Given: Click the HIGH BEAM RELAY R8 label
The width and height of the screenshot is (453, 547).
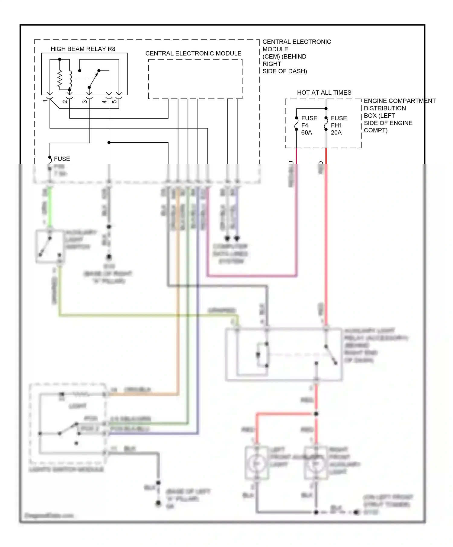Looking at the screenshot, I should (83, 49).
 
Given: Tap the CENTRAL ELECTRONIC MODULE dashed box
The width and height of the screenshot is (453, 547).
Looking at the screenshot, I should (195, 79).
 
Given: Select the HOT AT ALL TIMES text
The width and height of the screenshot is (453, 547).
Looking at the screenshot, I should (324, 93).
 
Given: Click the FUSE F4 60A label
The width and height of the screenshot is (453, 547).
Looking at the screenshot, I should (309, 125).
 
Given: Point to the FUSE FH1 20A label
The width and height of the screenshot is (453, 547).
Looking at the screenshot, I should (339, 125).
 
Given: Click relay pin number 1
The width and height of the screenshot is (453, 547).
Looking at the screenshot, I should (45, 101).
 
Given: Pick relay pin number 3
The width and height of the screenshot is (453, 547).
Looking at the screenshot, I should (85, 101).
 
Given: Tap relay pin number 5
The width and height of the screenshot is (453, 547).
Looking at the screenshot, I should (114, 101).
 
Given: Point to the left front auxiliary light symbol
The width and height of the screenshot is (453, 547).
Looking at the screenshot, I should (256, 463).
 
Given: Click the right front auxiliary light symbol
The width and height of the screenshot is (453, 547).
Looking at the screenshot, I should (316, 463).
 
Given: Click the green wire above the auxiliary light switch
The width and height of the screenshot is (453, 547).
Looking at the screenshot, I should (50, 208).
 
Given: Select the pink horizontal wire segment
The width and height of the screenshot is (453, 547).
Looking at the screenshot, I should (252, 276).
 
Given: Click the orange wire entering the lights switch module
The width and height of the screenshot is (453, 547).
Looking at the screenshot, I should (142, 394).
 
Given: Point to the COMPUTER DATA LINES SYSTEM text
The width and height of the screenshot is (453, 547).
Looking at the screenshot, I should (230, 254).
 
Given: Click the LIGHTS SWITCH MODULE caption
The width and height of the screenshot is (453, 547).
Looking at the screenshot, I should (66, 470).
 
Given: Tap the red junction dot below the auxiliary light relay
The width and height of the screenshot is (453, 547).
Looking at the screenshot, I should (316, 414).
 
